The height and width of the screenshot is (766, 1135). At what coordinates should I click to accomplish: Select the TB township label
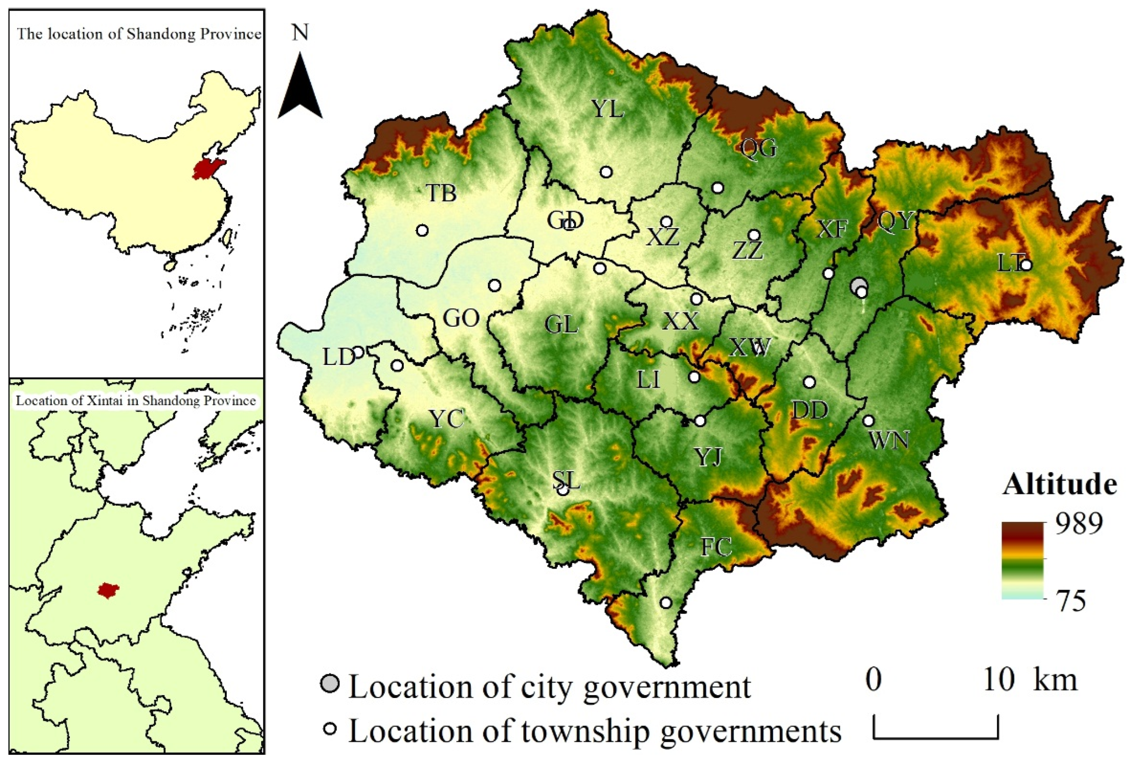point(441,193)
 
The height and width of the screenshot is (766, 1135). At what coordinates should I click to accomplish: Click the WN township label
point(889,441)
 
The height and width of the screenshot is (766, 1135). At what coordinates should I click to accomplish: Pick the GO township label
point(461,319)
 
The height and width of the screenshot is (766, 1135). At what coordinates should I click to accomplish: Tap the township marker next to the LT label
point(1026,265)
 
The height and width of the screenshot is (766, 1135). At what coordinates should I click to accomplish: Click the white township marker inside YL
point(606,172)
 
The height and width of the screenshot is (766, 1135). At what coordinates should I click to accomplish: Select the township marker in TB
point(422,230)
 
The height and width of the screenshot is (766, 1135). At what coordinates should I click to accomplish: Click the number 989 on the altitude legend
point(1079,524)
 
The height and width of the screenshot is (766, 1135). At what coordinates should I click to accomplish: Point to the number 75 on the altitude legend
point(1071,601)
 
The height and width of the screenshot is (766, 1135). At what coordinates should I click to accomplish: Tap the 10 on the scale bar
point(998,679)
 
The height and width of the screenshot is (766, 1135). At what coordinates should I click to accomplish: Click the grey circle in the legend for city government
point(330,683)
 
